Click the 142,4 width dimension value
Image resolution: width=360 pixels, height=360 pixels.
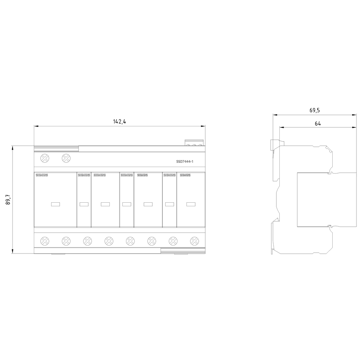[x=120, y=122]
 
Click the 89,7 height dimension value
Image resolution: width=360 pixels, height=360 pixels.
[x=8, y=199]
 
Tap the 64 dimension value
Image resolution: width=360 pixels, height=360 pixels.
[x=318, y=123]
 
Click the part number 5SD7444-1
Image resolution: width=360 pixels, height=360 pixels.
[x=185, y=162]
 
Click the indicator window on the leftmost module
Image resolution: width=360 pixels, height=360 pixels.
[x=55, y=204]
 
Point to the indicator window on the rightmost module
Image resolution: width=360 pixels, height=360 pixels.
[x=191, y=204]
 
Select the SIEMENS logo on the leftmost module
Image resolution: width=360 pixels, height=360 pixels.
[x=41, y=175]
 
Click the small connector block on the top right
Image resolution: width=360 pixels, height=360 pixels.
[x=194, y=143]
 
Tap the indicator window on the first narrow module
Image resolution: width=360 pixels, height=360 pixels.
[x=84, y=204]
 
